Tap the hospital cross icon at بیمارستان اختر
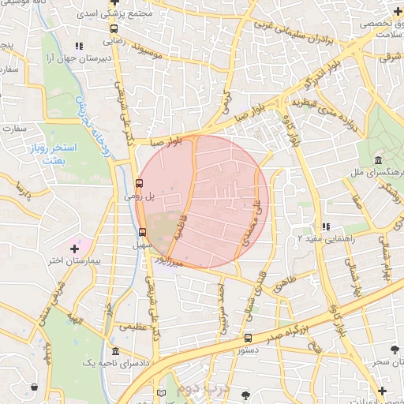(75, 249)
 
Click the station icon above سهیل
(142, 232)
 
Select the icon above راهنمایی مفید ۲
(325, 227)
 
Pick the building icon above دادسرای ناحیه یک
(115, 351)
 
